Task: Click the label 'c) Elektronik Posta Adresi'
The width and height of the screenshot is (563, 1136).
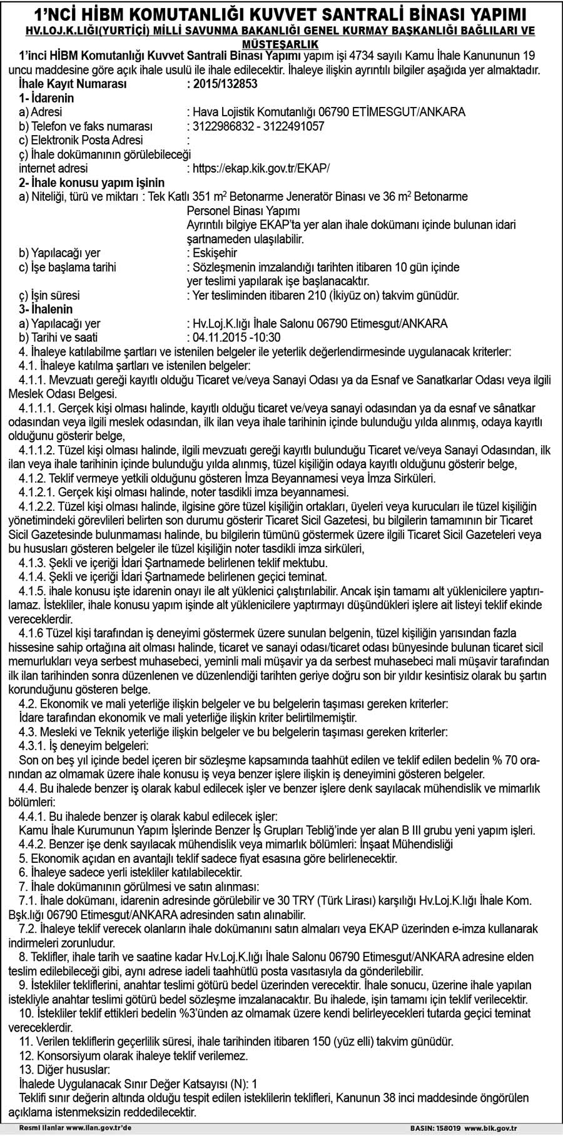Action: click(x=81, y=140)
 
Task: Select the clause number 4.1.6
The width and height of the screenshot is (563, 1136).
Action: click(x=31, y=634)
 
